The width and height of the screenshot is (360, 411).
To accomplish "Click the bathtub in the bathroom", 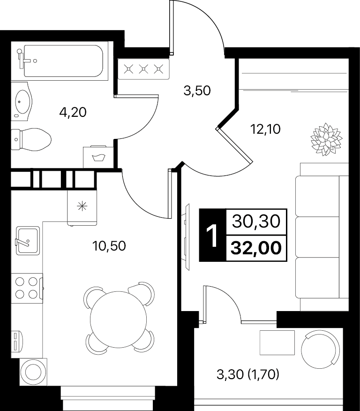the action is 63,61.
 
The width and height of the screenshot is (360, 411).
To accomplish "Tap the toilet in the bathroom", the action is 31,139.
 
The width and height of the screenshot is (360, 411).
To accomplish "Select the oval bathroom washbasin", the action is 22,101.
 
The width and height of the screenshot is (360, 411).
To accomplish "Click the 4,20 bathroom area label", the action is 73,113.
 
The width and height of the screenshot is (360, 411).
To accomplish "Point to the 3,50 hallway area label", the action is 197,91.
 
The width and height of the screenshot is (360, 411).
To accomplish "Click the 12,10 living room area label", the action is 265,129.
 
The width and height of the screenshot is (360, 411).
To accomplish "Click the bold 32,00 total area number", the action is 256,248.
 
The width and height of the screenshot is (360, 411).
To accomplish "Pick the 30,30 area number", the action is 256,221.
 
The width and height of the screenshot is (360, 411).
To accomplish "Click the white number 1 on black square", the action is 212,236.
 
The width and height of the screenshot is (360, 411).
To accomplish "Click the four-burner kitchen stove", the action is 27,288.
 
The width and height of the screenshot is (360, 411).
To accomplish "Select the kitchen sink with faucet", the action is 28,241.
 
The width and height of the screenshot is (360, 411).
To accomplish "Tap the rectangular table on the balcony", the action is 277,342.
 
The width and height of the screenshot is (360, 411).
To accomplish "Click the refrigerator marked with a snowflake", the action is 82,207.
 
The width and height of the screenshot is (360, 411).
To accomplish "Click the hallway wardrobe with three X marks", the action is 144,69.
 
